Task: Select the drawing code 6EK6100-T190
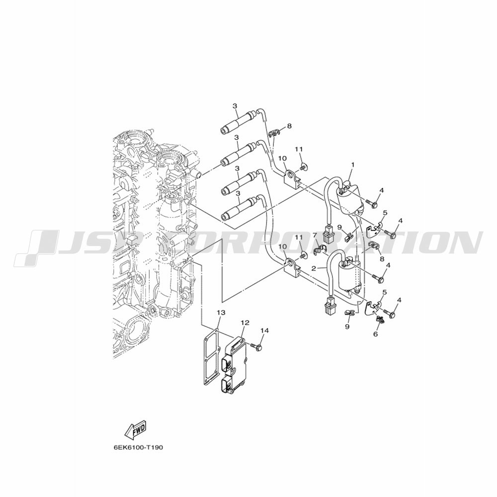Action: click(138, 448)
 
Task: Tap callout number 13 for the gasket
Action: click(221, 313)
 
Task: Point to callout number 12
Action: click(245, 323)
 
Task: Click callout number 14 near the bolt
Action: click(265, 331)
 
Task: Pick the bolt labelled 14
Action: click(256, 347)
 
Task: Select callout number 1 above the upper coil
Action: click(353, 165)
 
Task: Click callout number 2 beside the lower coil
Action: click(314, 268)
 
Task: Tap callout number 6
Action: click(376, 334)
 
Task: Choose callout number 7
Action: click(315, 235)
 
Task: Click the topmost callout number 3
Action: click(235, 106)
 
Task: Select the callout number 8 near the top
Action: click(289, 126)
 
